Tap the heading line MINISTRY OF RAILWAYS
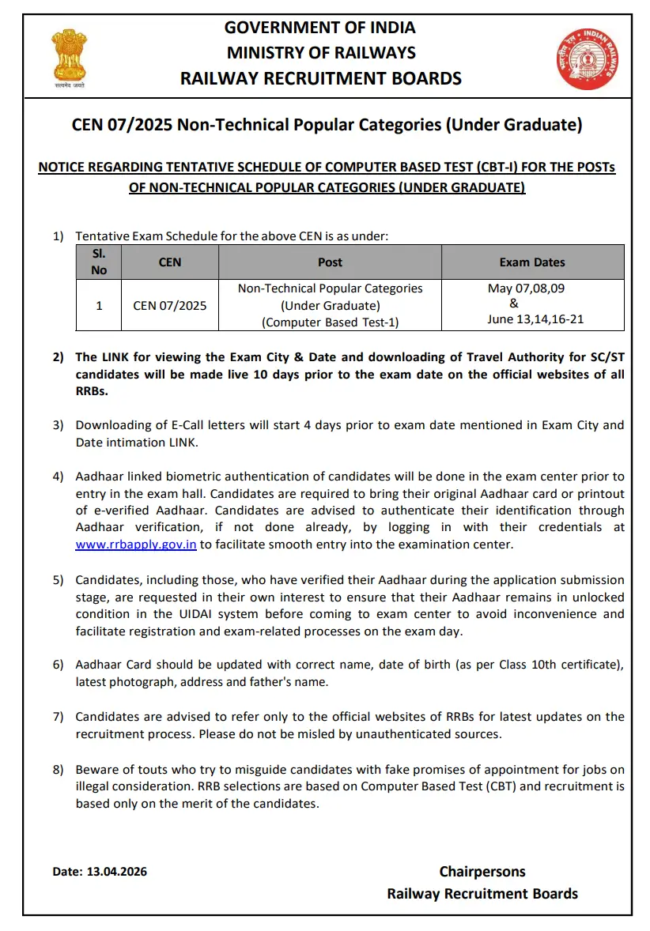point(320,52)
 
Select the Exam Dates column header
point(532,262)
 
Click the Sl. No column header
point(99,262)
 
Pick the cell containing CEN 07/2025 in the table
point(170,304)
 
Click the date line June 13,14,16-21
point(535,319)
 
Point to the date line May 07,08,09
point(527,288)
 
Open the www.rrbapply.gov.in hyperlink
point(136,545)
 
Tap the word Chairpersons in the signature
point(482,872)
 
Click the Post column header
point(330,262)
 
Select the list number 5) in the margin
point(59,580)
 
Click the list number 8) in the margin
point(59,769)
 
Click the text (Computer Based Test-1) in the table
point(330,322)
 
